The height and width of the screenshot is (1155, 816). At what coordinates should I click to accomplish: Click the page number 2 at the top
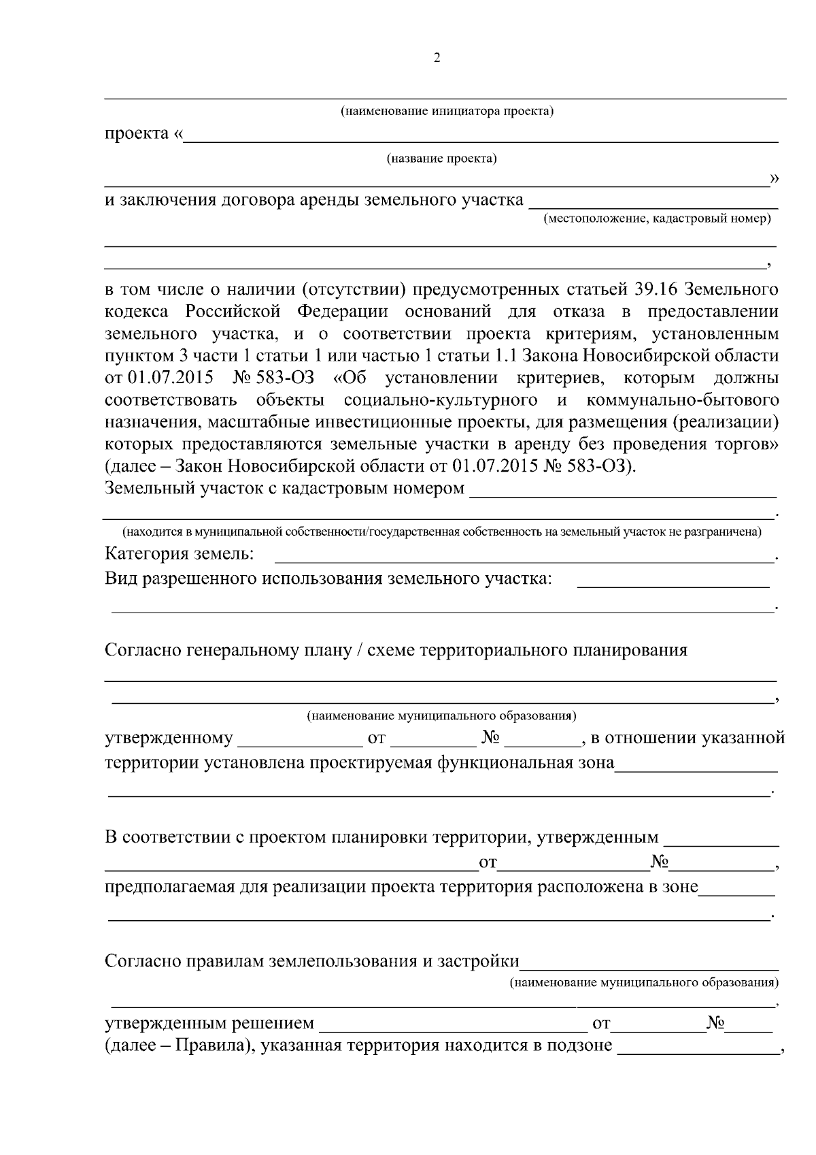pyautogui.click(x=437, y=58)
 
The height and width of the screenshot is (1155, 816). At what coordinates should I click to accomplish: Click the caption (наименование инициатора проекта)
pyautogui.click(x=447, y=111)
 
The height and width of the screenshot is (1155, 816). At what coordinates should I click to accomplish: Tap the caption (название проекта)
pyautogui.click(x=442, y=159)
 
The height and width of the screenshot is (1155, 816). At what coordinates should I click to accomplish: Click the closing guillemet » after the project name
pyautogui.click(x=773, y=178)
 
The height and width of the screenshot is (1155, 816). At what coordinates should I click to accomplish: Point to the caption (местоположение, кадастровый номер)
pyautogui.click(x=656, y=218)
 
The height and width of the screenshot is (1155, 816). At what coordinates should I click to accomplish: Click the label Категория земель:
pyautogui.click(x=180, y=554)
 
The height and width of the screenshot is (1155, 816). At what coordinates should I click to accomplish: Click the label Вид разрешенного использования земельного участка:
pyautogui.click(x=328, y=579)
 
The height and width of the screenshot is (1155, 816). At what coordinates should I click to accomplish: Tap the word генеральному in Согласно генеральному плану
pyautogui.click(x=243, y=650)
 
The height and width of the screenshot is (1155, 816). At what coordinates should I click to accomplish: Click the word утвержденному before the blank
pyautogui.click(x=169, y=738)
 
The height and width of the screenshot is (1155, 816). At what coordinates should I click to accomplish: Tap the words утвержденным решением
pyautogui.click(x=209, y=1023)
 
